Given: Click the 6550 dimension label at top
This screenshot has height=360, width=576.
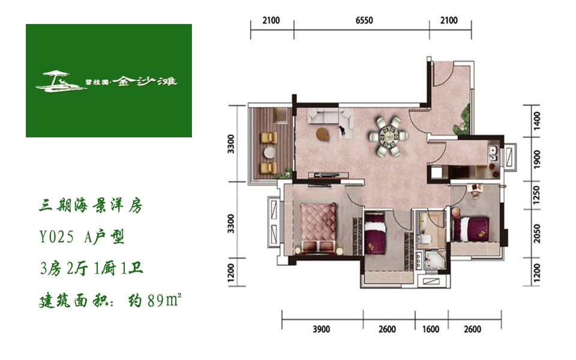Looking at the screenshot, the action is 364,20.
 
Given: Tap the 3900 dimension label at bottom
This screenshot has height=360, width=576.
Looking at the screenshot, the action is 322,329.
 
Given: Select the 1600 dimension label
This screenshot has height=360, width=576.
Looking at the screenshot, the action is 431,329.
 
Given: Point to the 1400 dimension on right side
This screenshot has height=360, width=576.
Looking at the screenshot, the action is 536,121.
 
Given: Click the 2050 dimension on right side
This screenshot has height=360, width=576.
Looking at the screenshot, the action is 536,233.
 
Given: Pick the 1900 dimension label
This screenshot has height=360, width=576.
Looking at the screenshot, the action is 536,158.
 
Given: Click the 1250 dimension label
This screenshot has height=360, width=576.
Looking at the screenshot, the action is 536,195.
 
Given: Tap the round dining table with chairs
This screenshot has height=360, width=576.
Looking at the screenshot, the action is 388,136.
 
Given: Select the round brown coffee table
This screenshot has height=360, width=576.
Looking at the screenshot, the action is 323,134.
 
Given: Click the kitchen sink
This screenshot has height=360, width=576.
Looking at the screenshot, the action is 493,152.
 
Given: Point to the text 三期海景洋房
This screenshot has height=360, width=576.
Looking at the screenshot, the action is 91,205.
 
